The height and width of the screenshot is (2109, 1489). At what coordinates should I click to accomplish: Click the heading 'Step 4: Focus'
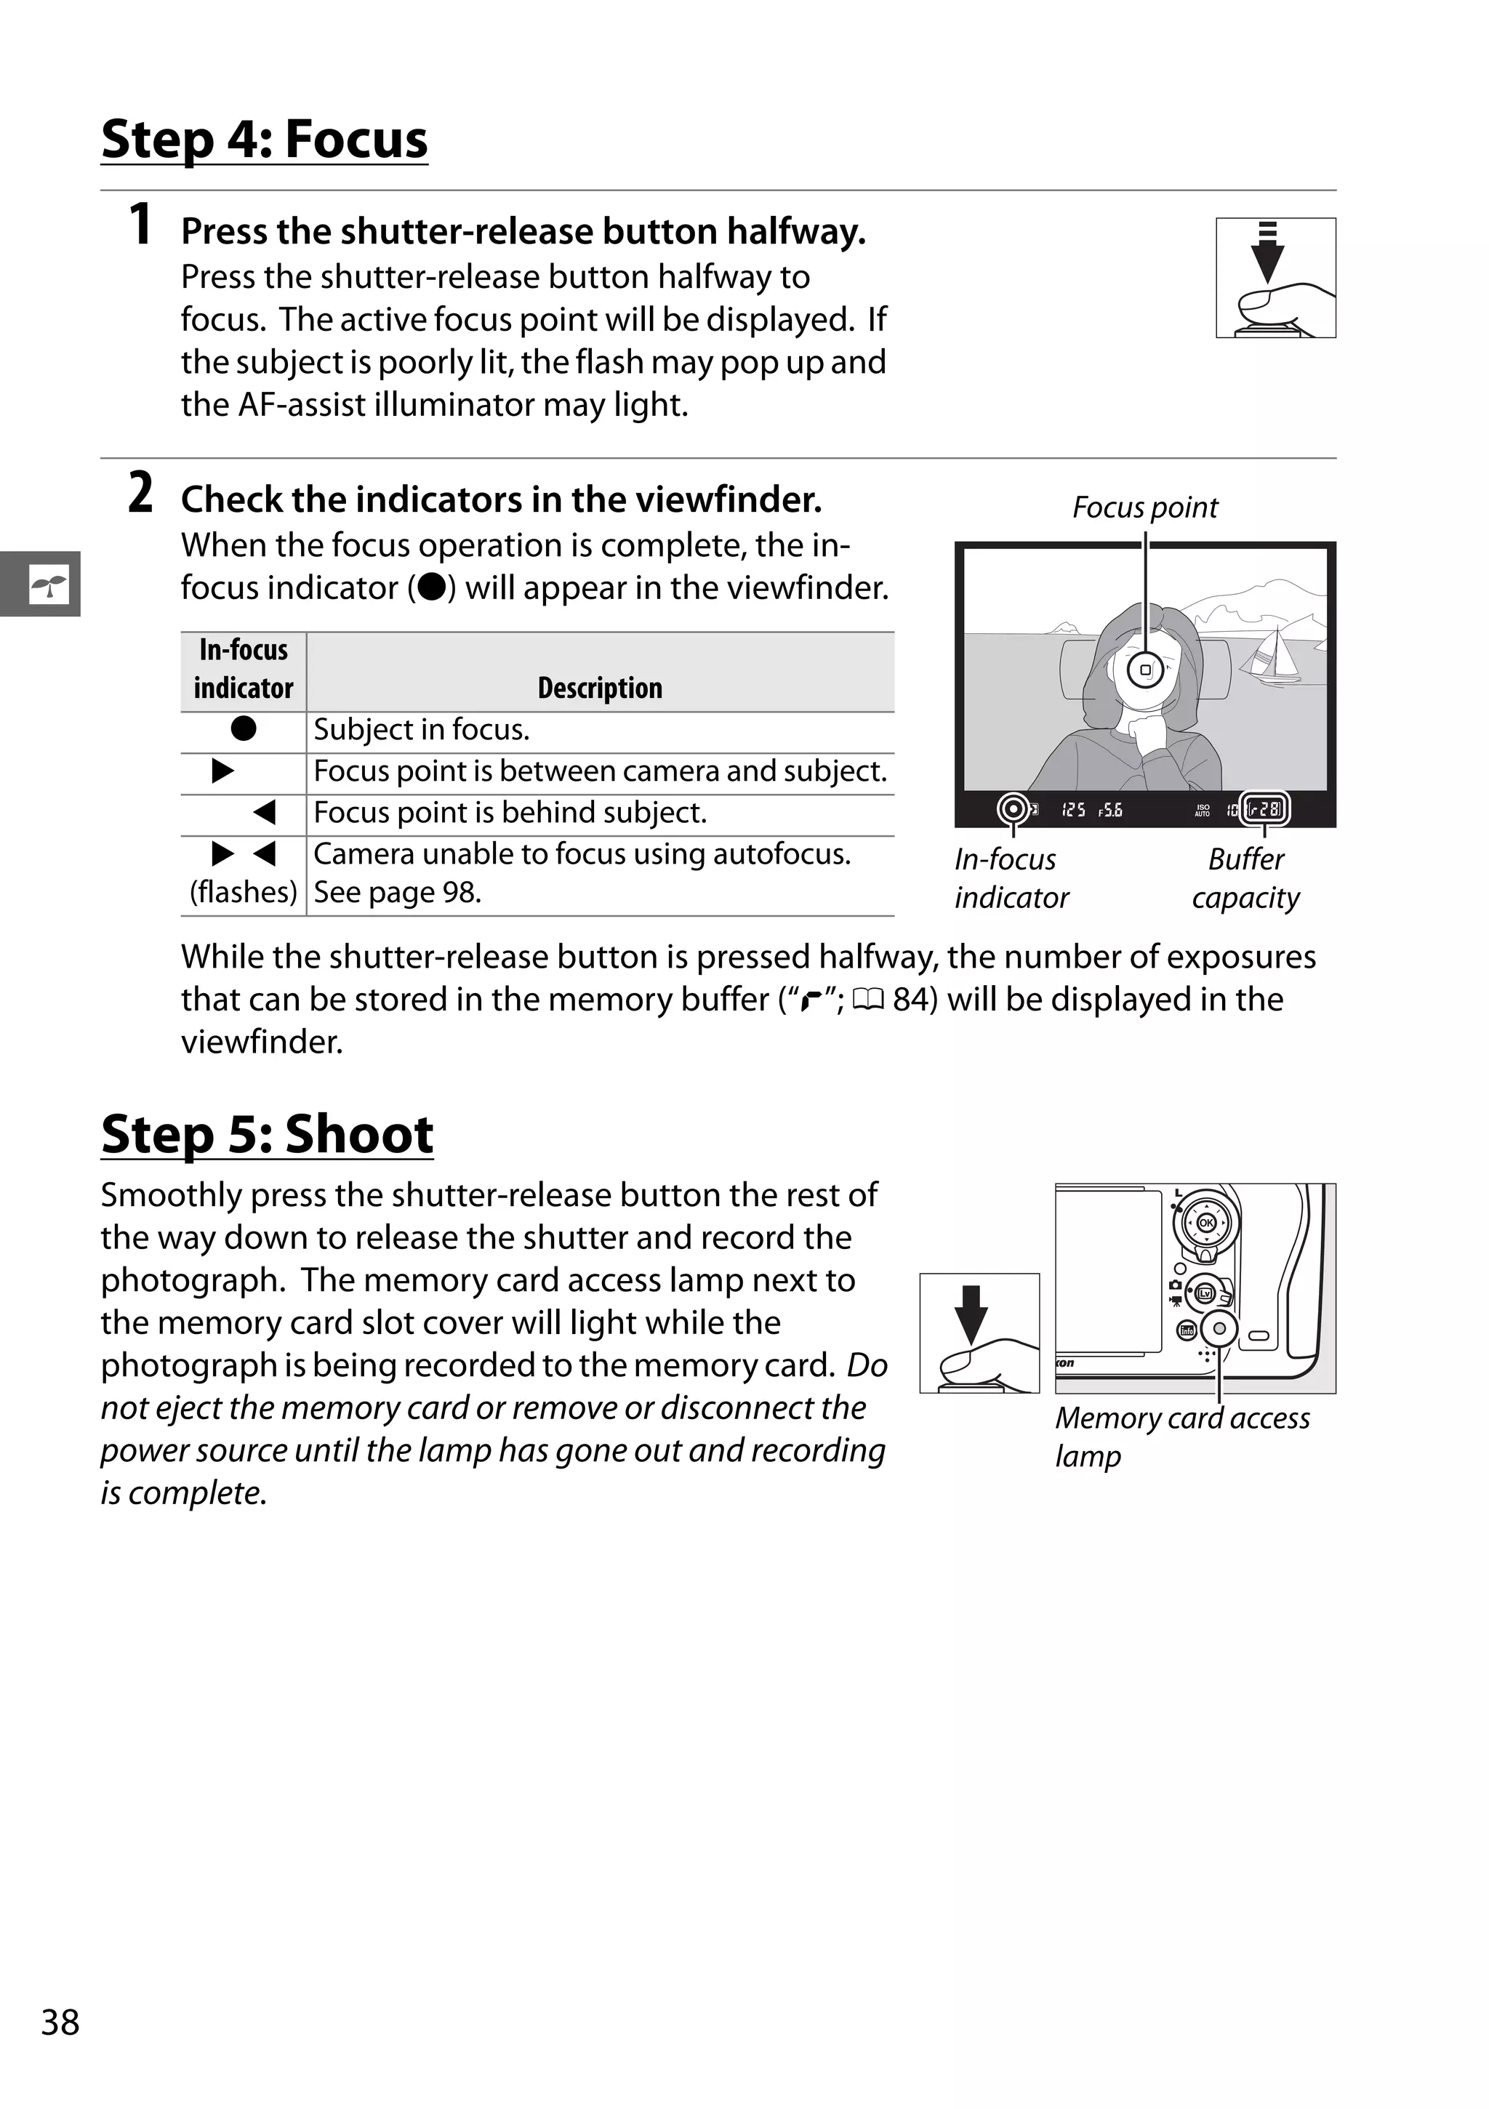pos(264,140)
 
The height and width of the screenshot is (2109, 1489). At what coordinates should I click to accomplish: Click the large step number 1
pos(140,225)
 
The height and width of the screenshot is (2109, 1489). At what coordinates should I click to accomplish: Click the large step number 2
pos(140,494)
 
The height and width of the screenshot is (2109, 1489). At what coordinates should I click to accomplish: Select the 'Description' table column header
pos(599,688)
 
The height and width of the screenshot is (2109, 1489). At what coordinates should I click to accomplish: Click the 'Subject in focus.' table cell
pos(422,729)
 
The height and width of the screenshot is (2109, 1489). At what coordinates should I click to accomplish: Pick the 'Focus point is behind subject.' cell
pos(510,813)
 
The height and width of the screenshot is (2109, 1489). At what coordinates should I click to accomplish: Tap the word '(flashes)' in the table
pos(243,892)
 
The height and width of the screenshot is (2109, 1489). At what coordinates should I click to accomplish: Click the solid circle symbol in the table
pos(244,729)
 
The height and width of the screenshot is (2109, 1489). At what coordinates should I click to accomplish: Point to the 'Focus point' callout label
pos(1144,507)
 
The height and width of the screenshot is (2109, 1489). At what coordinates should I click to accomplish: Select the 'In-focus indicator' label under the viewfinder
pos(1011,878)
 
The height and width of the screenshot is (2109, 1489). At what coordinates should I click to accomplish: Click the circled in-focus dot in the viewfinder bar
pos(1014,809)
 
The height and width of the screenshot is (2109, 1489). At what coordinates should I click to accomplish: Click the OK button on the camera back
pos(1206,1223)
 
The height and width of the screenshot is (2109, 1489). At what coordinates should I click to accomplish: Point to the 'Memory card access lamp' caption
pos(1181,1436)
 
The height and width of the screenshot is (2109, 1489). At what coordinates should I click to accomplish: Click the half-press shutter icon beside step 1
pos(1275,278)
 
